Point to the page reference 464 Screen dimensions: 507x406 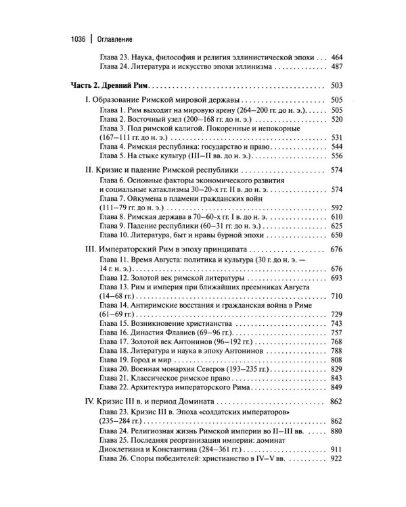336,57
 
